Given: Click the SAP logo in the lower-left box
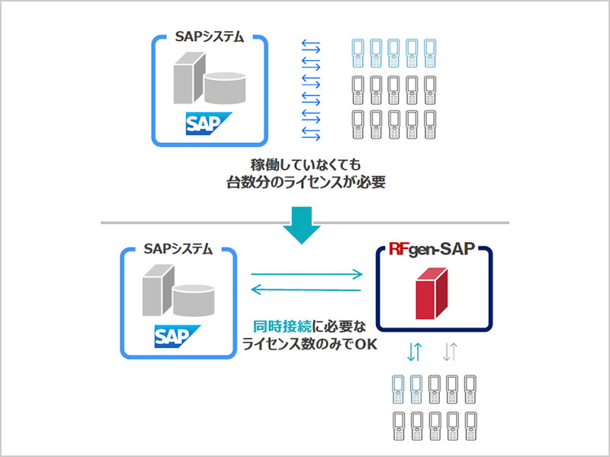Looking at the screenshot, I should pos(176,334).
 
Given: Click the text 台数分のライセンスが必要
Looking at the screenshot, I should pos(305,183).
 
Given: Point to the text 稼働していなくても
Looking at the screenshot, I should pos(305,165).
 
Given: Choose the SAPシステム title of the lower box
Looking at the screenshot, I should pos(177,249).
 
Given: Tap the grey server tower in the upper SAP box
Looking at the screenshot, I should pos(188,80).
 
